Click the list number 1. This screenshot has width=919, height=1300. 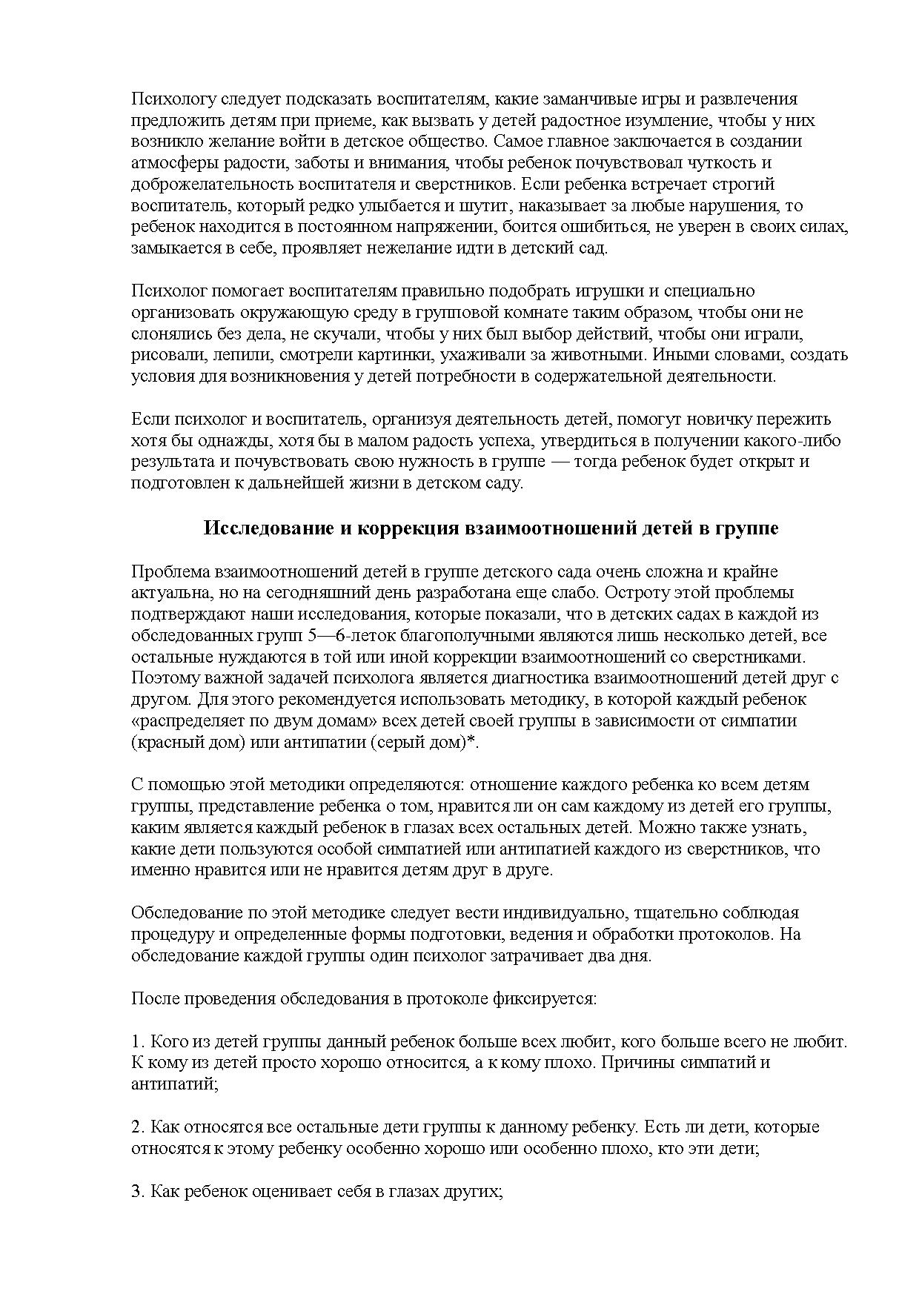point(136,1041)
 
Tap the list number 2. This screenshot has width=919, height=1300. point(136,1127)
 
